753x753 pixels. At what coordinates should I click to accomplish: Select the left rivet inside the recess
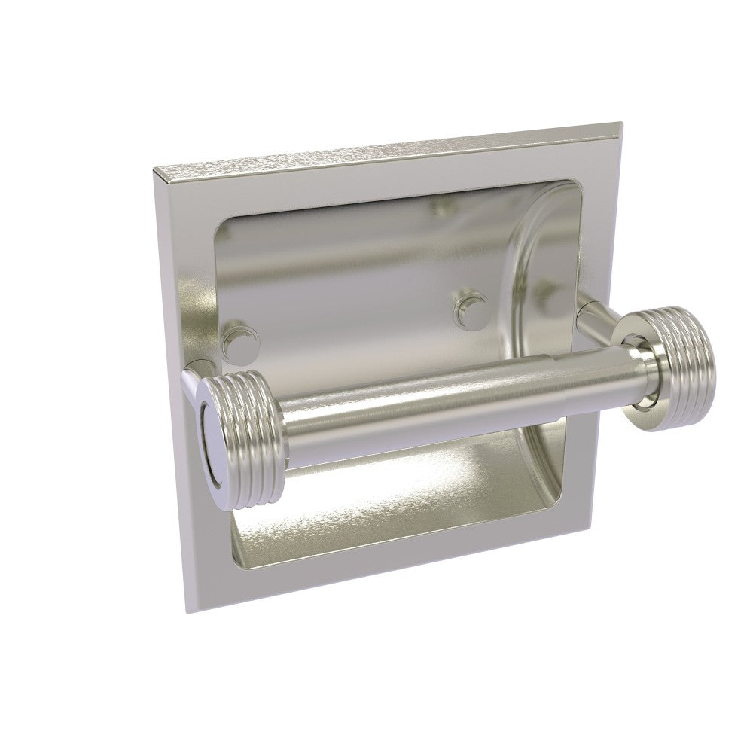coord(242,336)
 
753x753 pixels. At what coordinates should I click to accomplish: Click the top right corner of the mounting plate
coord(620,122)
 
